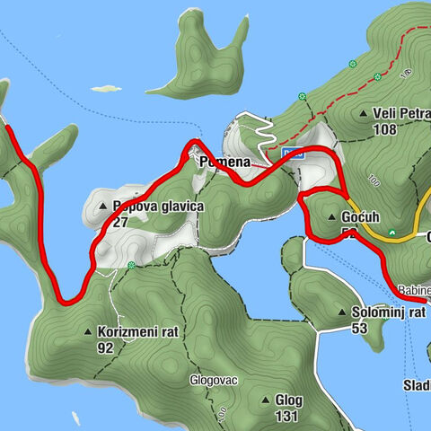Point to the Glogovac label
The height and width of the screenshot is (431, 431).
click(214, 380)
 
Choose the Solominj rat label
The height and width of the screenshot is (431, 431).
click(387, 312)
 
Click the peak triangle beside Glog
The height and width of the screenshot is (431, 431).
click(266, 400)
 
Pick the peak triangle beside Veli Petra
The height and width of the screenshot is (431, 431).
click(363, 114)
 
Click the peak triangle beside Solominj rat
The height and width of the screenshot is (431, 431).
click(344, 312)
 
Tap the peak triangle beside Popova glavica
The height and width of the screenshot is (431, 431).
click(102, 207)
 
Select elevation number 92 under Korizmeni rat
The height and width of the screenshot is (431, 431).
click(105, 347)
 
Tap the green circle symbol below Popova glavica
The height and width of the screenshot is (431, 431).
click(132, 265)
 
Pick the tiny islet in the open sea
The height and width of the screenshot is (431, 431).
click(99, 88)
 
